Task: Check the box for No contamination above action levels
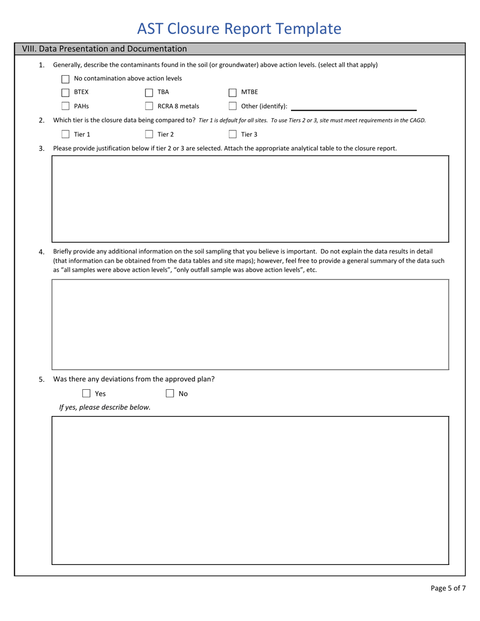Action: [65, 79]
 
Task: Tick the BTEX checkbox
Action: [65, 92]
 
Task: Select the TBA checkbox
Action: [149, 92]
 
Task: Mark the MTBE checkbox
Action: [232, 92]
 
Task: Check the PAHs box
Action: [65, 106]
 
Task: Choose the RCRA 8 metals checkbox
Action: [149, 106]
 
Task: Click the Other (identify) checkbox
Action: [232, 106]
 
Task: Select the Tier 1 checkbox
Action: [65, 134]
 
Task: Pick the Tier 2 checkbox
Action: [149, 134]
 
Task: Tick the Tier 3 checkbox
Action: [232, 134]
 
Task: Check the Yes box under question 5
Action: [86, 393]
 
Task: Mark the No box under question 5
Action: [170, 393]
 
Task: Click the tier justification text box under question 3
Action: [250, 199]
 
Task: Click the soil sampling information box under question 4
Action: [250, 324]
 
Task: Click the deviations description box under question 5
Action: [250, 490]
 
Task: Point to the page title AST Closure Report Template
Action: [239, 29]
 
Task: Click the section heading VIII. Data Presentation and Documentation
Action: [105, 49]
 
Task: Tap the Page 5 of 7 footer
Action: [448, 588]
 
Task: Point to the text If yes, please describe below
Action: [105, 407]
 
